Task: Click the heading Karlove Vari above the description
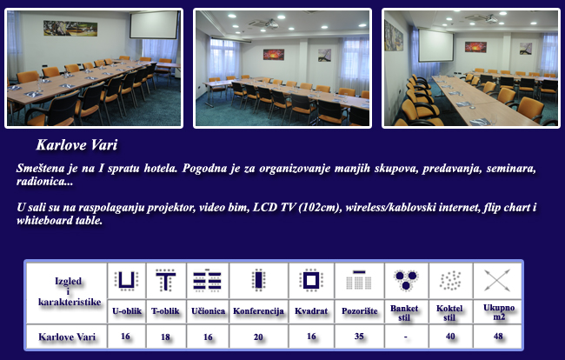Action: [76, 145]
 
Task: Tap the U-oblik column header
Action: [127, 311]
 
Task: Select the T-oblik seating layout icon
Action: [166, 280]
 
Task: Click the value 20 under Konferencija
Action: [258, 337]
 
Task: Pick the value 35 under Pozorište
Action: [359, 337]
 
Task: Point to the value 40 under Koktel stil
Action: [450, 337]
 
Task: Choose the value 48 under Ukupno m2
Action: [498, 337]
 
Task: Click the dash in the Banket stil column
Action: [406, 337]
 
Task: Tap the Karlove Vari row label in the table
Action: [67, 337]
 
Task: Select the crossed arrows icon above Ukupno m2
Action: [497, 280]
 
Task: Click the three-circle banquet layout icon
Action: [406, 280]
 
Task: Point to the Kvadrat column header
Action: [311, 311]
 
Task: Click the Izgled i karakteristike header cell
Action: [70, 291]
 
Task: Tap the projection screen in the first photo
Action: [154, 25]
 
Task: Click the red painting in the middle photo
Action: [274, 55]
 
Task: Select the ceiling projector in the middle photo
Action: [271, 24]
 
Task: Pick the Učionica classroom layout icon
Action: [207, 280]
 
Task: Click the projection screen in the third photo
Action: [435, 45]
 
